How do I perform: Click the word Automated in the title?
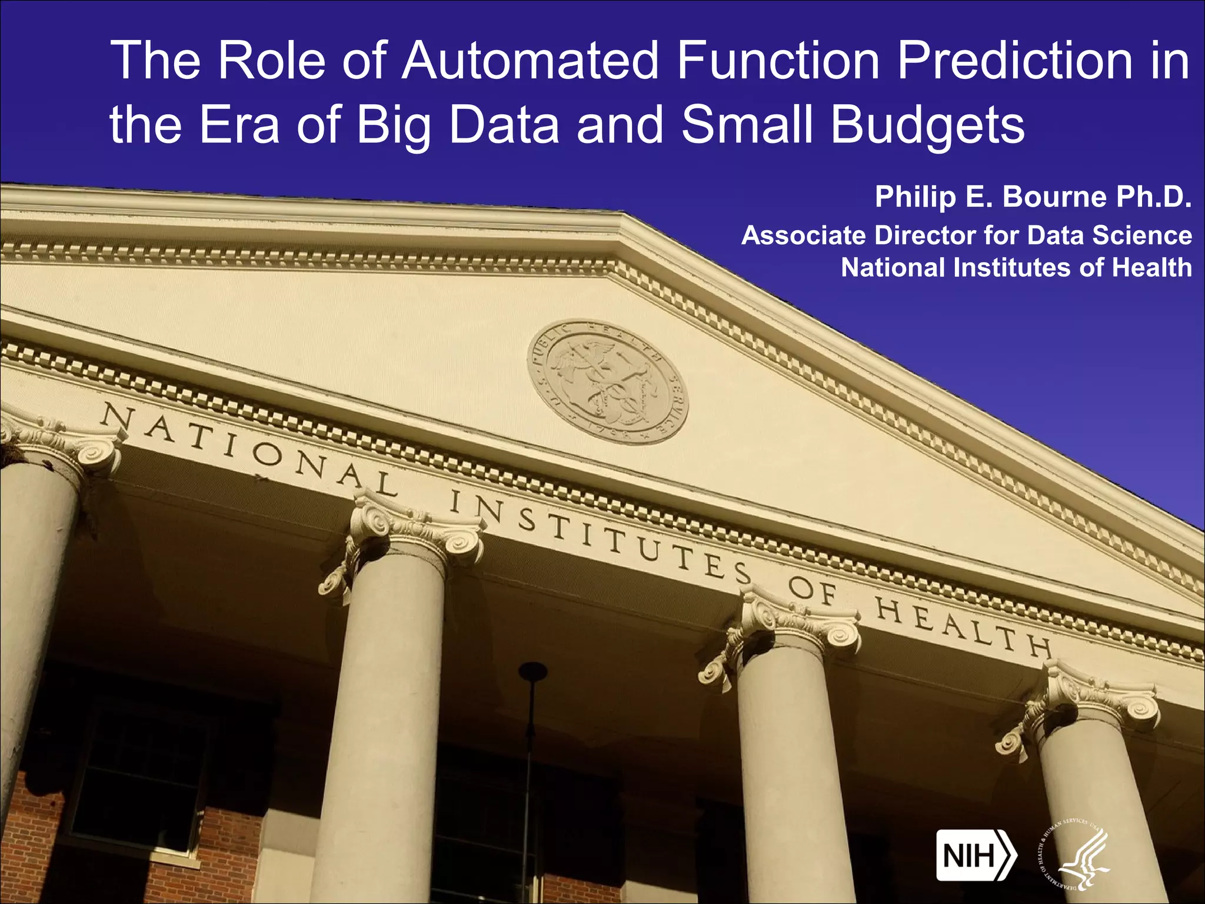click(x=530, y=61)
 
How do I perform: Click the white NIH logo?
click(x=976, y=855)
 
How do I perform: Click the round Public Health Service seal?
click(x=607, y=382)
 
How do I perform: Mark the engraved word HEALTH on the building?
click(x=963, y=627)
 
